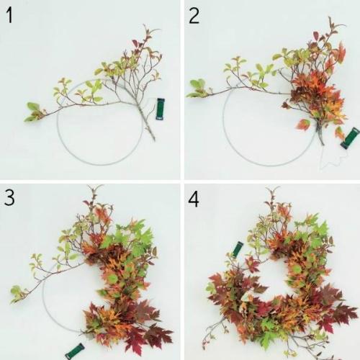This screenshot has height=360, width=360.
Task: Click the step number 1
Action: [9, 15]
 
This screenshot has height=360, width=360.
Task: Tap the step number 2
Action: [194, 15]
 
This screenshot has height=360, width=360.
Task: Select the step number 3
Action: [9, 197]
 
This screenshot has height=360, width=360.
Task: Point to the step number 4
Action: [194, 199]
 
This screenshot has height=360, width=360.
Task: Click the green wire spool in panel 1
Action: [160, 109]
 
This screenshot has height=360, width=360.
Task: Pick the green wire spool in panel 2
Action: [350, 138]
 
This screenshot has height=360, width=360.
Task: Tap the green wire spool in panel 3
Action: [75, 351]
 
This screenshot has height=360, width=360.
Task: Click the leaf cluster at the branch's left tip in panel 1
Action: [34, 112]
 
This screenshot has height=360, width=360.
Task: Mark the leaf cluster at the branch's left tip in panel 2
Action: [197, 89]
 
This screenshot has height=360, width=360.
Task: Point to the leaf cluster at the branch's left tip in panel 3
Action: [18, 294]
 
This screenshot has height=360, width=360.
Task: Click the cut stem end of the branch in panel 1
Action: [154, 139]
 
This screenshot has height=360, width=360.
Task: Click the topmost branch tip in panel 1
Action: [145, 25]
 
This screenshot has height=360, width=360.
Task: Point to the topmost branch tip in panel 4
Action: [272, 189]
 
